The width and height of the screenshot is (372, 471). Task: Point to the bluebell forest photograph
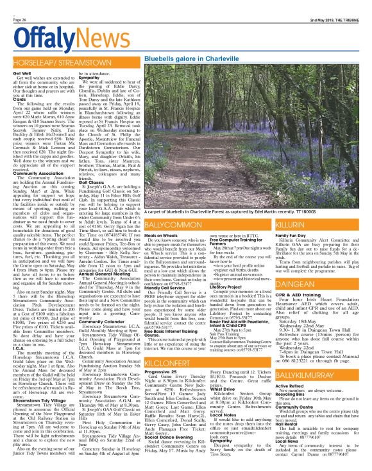click(x=247, y=134)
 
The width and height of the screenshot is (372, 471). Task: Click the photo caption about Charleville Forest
click(x=246, y=210)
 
